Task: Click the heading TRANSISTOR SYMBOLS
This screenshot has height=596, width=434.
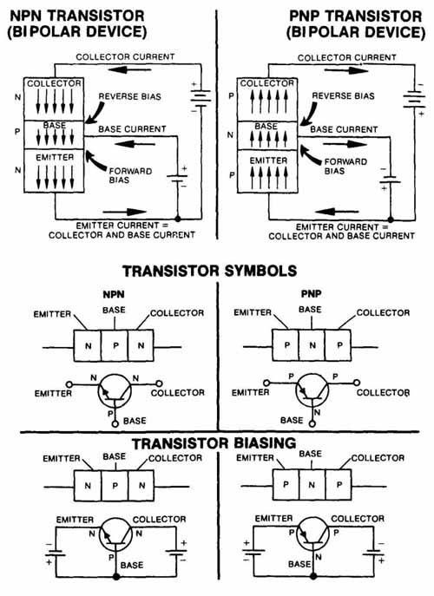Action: pos(209,271)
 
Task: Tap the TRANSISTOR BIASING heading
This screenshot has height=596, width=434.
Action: pos(214,443)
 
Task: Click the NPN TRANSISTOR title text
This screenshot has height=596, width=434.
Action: pos(77,16)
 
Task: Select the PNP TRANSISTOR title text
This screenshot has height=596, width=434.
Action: pos(356,16)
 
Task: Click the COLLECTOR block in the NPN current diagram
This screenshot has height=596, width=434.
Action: pos(54,99)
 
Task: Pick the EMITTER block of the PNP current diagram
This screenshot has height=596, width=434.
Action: pos(268,172)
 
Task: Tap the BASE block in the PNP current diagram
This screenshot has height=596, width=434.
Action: pos(268,135)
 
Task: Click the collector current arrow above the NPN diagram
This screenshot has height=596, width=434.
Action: pos(130,70)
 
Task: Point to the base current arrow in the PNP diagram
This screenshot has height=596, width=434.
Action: pos(345,144)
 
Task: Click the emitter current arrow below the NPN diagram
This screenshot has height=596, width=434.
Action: pos(125,212)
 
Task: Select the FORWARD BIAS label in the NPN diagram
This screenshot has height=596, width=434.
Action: pos(130,175)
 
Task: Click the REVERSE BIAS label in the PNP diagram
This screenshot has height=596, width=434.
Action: pos(343,95)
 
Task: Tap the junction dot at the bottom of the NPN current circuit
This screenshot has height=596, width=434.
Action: pos(178,219)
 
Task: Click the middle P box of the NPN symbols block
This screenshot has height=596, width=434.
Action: pos(115,345)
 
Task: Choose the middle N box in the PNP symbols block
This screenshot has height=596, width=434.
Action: pos(312,345)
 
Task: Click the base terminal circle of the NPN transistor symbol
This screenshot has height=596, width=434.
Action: pos(115,423)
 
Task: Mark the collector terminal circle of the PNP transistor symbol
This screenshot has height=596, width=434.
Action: pos(357,383)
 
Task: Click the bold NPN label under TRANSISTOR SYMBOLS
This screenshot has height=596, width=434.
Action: pos(114,294)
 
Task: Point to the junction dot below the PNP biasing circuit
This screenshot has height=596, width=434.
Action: pos(313,576)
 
